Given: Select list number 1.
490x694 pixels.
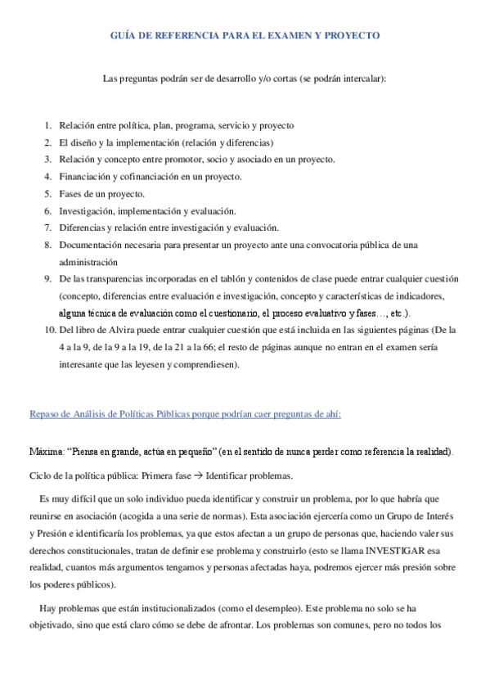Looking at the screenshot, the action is pos(47,125).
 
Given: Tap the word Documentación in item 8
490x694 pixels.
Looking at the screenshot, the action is pos(96,246).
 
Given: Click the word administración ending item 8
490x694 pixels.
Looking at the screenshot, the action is pos(88,262).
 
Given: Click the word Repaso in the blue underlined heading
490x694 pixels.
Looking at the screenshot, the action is pos(45,414).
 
